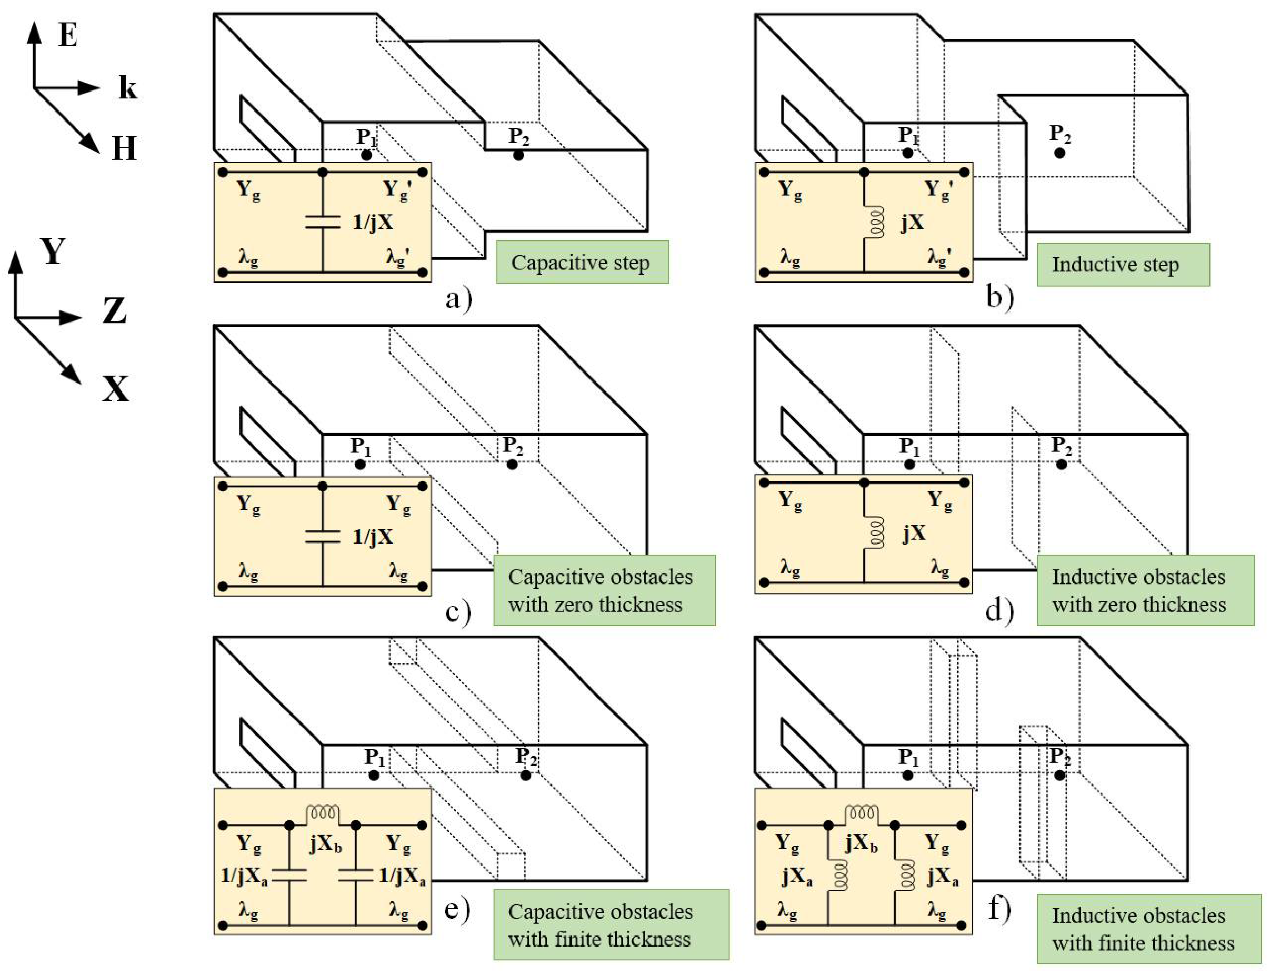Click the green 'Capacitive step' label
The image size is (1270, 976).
click(582, 262)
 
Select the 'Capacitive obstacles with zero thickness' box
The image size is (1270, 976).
click(604, 590)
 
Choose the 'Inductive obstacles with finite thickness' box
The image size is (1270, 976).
click(1148, 929)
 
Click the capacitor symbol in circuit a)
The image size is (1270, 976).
click(323, 223)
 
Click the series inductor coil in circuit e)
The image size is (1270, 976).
click(323, 813)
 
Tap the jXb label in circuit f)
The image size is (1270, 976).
click(862, 842)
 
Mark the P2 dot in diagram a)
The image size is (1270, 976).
click(518, 155)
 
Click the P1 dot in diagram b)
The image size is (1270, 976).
click(907, 153)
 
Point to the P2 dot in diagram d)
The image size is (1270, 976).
click(1061, 464)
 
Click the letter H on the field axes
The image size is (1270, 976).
click(124, 148)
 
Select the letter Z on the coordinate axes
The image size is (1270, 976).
click(114, 311)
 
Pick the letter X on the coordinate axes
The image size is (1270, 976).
click(115, 388)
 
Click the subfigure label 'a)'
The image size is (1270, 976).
click(458, 299)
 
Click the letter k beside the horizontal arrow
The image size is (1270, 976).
click(127, 88)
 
